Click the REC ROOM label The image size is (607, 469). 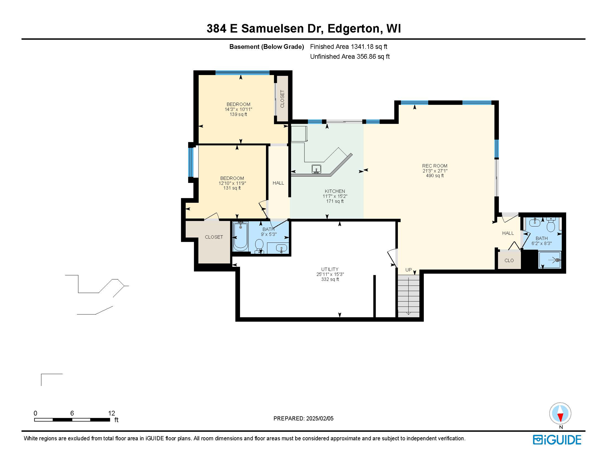[x=434, y=166]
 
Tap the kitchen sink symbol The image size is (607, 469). [x=316, y=169]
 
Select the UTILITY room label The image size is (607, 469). [x=329, y=269]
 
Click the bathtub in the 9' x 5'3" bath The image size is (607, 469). [x=241, y=237]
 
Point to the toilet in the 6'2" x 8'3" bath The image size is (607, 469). [x=551, y=226]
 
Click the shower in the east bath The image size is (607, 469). [x=550, y=260]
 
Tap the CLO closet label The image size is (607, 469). [x=509, y=260]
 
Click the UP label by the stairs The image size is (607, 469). [x=408, y=270]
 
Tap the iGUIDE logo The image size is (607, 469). [x=557, y=440]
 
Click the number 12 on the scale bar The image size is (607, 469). [x=111, y=413]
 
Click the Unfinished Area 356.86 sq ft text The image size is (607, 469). [x=350, y=56]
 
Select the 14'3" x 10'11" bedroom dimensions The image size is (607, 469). [x=238, y=109]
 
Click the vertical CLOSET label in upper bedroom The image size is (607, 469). [x=282, y=99]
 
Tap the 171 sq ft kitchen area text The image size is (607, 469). [x=335, y=201]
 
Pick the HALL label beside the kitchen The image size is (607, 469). [x=278, y=183]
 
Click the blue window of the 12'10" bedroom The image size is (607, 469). [x=191, y=162]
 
